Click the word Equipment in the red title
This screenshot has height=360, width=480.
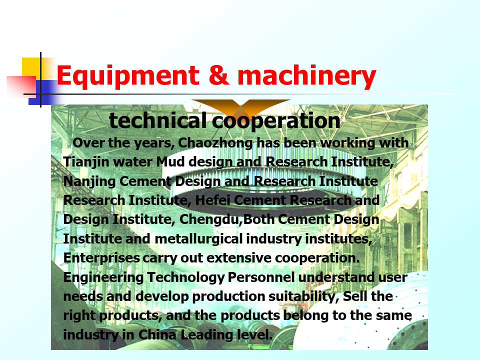tap(128, 76)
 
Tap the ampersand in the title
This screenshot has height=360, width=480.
tap(218, 75)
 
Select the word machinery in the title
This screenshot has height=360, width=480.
tap(306, 76)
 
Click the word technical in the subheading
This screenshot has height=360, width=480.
tap(157, 120)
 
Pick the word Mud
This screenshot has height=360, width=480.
tap(170, 161)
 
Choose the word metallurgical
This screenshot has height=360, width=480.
tap(198, 239)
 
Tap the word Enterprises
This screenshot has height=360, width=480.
tap(101, 258)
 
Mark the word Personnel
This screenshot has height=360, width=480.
tap(261, 277)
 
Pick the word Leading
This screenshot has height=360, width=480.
tap(207, 335)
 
